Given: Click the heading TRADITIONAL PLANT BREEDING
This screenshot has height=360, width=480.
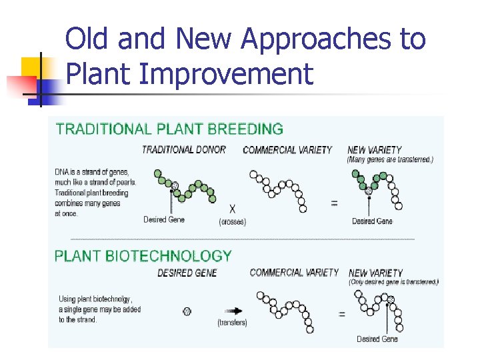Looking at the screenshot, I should [x=169, y=129].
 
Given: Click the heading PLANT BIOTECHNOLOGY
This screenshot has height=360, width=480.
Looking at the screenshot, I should [x=143, y=256].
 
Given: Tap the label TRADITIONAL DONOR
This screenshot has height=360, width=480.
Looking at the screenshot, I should [x=184, y=150].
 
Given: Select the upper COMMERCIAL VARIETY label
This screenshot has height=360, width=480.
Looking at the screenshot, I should [x=287, y=150].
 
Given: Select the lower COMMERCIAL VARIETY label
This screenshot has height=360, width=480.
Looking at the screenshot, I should [x=294, y=273].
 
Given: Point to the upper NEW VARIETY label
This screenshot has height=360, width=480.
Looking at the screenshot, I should [x=374, y=150].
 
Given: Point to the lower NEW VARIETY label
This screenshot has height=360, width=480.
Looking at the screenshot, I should [x=375, y=273].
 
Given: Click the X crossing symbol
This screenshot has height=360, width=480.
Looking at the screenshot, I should [x=232, y=208].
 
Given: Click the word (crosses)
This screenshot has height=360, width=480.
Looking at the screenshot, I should [x=232, y=221].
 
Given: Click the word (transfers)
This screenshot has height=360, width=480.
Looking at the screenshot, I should [x=232, y=323].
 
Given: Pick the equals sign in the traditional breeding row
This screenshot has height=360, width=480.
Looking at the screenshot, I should [x=334, y=203].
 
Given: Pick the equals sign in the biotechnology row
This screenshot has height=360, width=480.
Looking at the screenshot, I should [x=341, y=313].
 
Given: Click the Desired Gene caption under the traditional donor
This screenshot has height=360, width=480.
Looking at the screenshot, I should [x=164, y=219].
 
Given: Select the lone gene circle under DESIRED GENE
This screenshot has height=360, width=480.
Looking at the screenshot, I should [x=187, y=311].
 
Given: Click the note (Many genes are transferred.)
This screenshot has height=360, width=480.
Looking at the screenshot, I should [x=390, y=160].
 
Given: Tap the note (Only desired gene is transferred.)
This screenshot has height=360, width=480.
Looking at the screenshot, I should [x=393, y=282].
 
